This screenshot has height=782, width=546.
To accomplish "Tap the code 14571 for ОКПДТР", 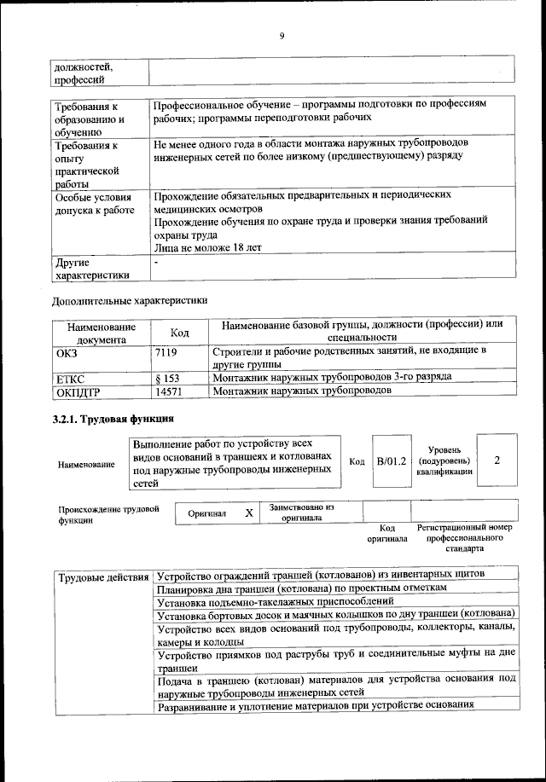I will point(171,391).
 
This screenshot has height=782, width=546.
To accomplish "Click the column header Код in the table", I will point(180,332).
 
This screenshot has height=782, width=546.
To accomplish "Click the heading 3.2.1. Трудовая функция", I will point(113,419).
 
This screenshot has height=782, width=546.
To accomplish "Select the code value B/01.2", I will point(391,461).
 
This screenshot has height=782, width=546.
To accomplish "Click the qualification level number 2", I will point(497,461).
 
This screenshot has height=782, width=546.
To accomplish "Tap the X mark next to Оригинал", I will point(248,513).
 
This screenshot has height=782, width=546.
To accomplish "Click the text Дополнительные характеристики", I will point(129,300).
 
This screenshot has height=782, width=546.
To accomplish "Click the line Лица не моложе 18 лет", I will point(208,247).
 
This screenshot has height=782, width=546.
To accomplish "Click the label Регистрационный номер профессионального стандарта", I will point(465,539).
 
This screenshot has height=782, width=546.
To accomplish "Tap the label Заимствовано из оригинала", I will point(301,513).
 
